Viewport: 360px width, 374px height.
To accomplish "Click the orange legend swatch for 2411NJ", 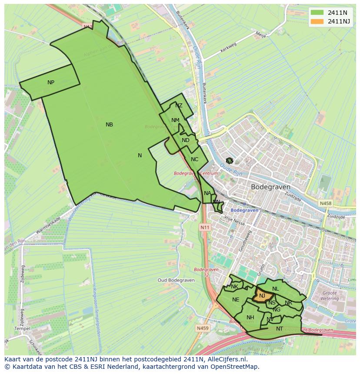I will (317, 21).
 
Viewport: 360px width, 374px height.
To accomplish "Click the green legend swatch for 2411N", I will (317, 13).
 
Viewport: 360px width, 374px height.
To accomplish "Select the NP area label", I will (51, 83).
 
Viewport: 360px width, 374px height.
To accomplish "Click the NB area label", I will (109, 125).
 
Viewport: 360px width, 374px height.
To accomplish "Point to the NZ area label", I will (179, 106).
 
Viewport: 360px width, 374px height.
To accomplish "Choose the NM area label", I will (175, 120).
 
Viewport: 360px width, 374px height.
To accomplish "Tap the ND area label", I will (186, 140).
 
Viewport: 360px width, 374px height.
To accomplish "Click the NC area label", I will (194, 159).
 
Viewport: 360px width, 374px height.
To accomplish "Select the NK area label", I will (234, 287).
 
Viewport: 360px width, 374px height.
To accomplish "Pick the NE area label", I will (236, 300).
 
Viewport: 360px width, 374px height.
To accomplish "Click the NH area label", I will (250, 318).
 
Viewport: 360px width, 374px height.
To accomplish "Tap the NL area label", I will (275, 289).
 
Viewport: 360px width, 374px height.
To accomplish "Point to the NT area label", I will (280, 329).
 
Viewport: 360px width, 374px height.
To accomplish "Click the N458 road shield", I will (325, 203).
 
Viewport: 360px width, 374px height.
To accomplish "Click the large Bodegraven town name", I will (270, 187).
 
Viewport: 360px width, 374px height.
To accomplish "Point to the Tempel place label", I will (22, 329).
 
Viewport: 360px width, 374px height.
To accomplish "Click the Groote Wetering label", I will (330, 296).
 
